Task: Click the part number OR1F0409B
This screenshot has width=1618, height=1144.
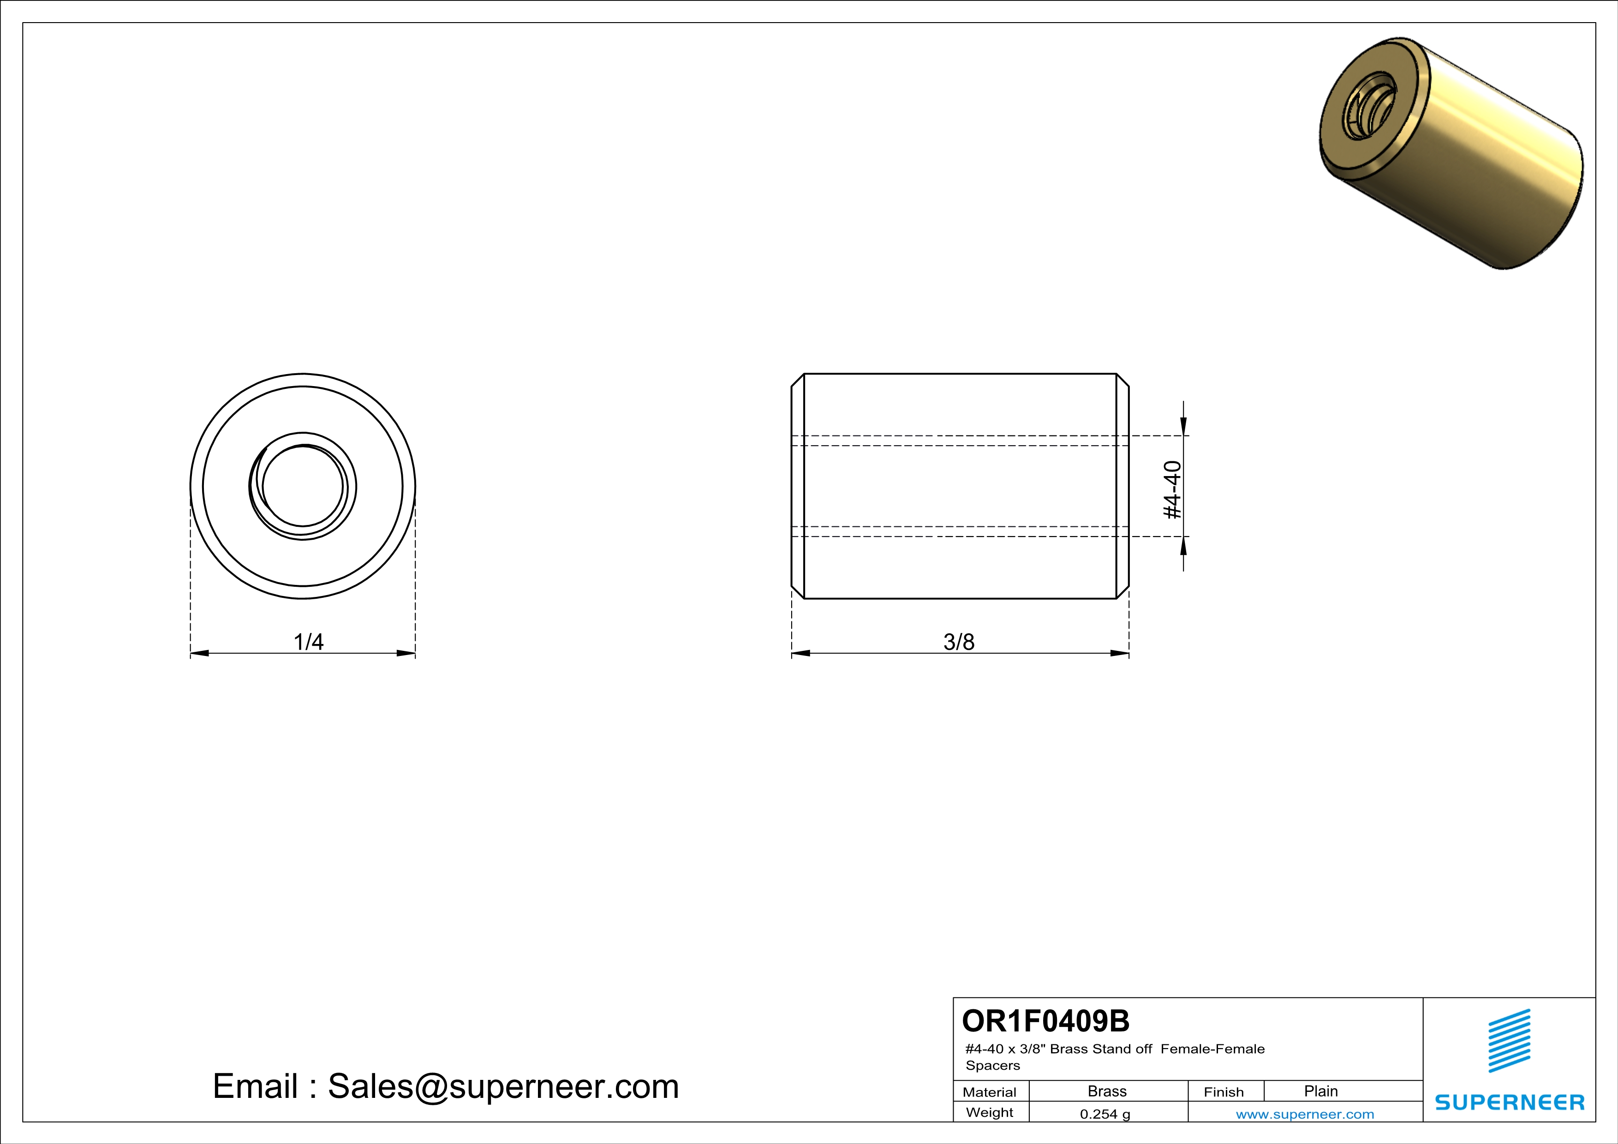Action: click(1045, 1021)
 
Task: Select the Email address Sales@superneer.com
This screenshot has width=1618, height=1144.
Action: click(503, 1086)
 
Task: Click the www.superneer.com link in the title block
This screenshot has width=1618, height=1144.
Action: click(1304, 1114)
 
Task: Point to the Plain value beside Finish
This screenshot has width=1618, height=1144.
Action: click(1320, 1091)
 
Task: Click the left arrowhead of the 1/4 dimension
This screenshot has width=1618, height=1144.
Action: click(199, 653)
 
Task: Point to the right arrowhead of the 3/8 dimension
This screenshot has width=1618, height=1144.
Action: click(1121, 653)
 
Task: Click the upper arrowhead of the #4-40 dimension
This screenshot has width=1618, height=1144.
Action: click(1183, 425)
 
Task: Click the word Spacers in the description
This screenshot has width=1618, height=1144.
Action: click(992, 1065)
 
